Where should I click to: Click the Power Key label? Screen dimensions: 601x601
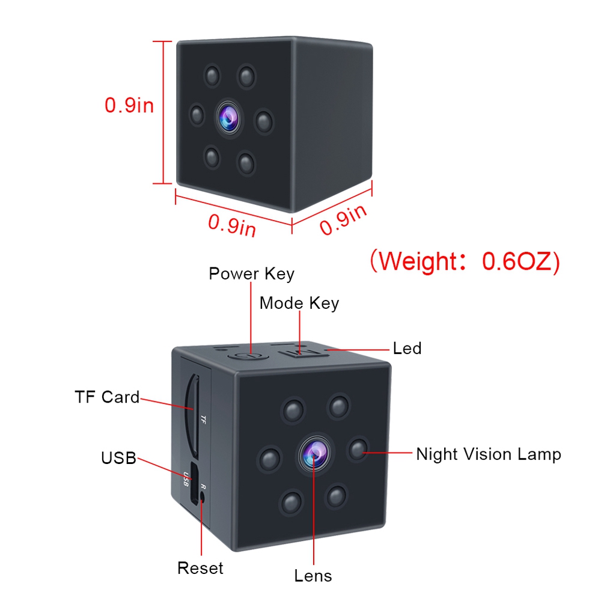tap(251, 274)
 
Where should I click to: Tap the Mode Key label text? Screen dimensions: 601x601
tap(299, 304)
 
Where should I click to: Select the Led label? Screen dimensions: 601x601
tap(407, 348)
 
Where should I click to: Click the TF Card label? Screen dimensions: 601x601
tap(107, 397)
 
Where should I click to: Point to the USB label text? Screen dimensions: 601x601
tap(118, 458)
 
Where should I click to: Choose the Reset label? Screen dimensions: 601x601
tap(200, 568)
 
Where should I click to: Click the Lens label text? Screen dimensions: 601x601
tap(313, 576)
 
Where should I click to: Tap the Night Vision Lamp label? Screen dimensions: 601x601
tap(488, 454)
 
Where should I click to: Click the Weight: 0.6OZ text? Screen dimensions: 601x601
tap(464, 261)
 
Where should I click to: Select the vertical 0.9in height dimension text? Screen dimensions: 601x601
tap(129, 106)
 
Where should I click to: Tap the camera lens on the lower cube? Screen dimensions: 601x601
tap(313, 452)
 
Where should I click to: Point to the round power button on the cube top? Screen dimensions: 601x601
tap(248, 355)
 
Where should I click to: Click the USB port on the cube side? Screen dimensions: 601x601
tap(192, 482)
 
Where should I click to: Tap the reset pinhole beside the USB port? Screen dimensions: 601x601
tap(202, 497)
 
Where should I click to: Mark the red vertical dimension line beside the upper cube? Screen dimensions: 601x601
tap(163, 112)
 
